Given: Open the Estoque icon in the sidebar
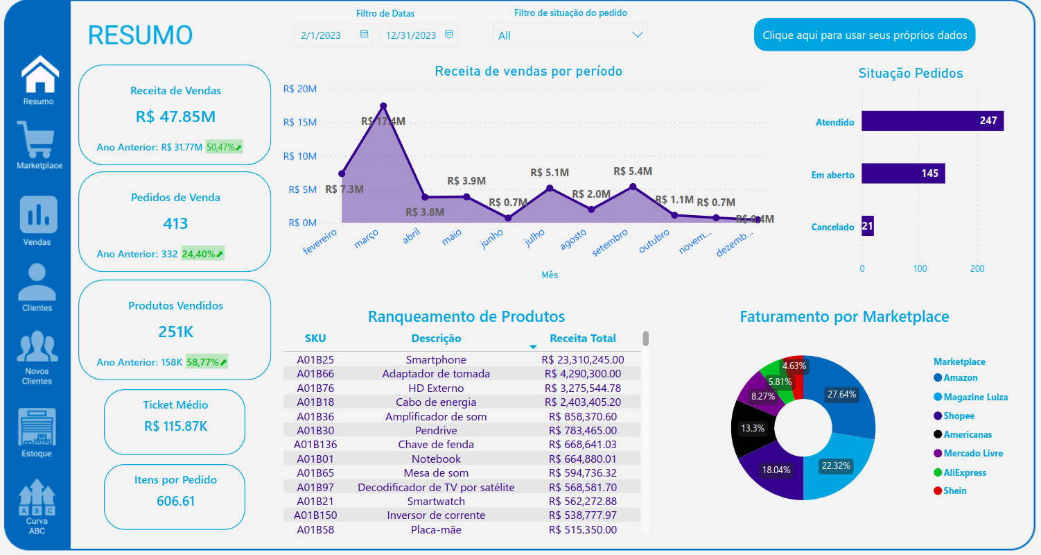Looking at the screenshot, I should tap(37, 427).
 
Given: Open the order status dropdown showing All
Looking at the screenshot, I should tap(570, 35).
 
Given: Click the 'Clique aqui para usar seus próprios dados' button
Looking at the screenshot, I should tap(864, 35).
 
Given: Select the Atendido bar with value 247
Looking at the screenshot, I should tap(932, 121).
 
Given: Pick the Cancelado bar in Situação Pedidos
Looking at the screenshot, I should tap(868, 226).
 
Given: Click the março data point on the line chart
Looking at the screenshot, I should tap(383, 106).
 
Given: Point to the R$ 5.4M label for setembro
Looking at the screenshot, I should tap(633, 171).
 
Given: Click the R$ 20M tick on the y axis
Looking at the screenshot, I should tap(300, 89).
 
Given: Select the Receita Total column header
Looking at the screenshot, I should tap(582, 339).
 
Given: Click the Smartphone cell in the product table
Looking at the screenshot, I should tap(436, 359).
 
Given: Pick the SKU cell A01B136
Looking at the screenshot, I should tap(315, 445).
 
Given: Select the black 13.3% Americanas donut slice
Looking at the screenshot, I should tap(752, 428).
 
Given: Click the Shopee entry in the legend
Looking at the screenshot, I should tap(959, 416).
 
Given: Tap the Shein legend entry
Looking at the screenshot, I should tap(954, 490).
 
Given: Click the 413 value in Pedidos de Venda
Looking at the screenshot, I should tap(175, 223).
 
